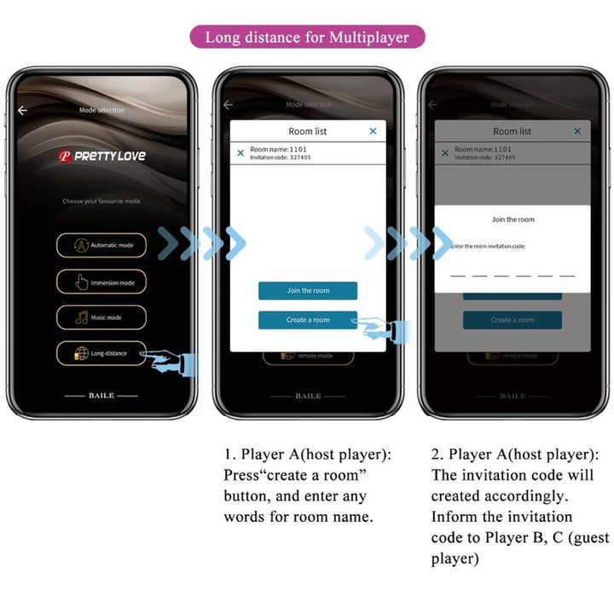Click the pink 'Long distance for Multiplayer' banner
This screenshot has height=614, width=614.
pyautogui.click(x=307, y=37)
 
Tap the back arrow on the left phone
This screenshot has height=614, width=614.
pyautogui.click(x=23, y=110)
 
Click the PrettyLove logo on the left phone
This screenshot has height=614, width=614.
pyautogui.click(x=101, y=156)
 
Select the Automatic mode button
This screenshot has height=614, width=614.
pyautogui.click(x=101, y=246)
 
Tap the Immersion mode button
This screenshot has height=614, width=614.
pyautogui.click(x=101, y=282)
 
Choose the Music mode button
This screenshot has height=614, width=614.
pyautogui.click(x=101, y=317)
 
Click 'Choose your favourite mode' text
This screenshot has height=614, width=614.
pyautogui.click(x=101, y=201)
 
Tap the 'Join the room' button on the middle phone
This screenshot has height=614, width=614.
pyautogui.click(x=308, y=291)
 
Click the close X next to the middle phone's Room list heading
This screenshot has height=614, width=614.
pyautogui.click(x=373, y=131)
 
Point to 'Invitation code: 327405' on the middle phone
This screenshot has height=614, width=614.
pyautogui.click(x=281, y=158)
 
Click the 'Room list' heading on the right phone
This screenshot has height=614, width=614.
pyautogui.click(x=512, y=131)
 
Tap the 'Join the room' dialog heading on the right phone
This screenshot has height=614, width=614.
pyautogui.click(x=513, y=219)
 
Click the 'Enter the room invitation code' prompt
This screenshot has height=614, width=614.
pyautogui.click(x=489, y=246)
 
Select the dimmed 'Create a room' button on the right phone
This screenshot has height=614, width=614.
pyautogui.click(x=513, y=321)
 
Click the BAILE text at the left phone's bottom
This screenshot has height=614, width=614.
pyautogui.click(x=101, y=396)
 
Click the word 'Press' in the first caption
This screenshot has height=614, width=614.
pyautogui.click(x=241, y=475)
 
